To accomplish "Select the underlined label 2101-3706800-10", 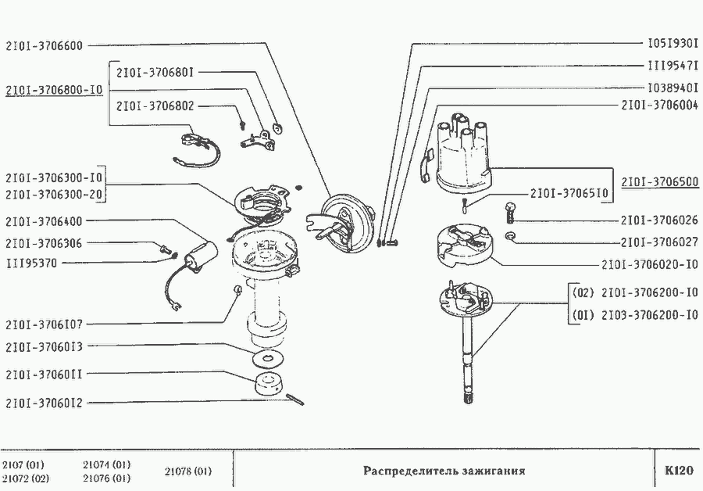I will point(54,90).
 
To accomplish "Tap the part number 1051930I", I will point(673,45).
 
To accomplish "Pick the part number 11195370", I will point(31,263).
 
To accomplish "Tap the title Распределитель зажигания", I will point(444,471).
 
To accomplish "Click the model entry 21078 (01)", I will point(188,471).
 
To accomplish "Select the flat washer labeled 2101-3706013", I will point(268,358).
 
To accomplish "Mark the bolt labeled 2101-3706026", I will point(512,210).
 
